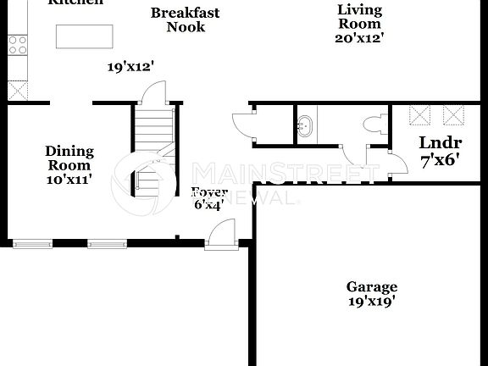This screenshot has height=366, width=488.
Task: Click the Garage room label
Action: [371, 287]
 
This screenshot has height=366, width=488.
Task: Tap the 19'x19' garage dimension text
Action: [371, 301]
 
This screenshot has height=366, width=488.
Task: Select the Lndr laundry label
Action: [439, 142]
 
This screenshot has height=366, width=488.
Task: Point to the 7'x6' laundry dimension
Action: [439, 158]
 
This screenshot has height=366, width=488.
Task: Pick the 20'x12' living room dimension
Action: [359, 38]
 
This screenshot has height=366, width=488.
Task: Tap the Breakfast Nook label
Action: [186, 19]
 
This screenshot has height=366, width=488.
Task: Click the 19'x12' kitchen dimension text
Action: [130, 66]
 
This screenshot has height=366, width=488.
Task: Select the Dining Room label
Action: [69, 158]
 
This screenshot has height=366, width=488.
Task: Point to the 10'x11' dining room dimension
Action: [69, 179]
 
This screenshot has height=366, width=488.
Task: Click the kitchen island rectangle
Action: [84, 36]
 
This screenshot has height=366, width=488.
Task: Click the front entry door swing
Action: [222, 233]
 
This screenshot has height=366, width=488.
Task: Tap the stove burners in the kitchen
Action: [17, 44]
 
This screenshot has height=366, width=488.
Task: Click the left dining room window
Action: [32, 244]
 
